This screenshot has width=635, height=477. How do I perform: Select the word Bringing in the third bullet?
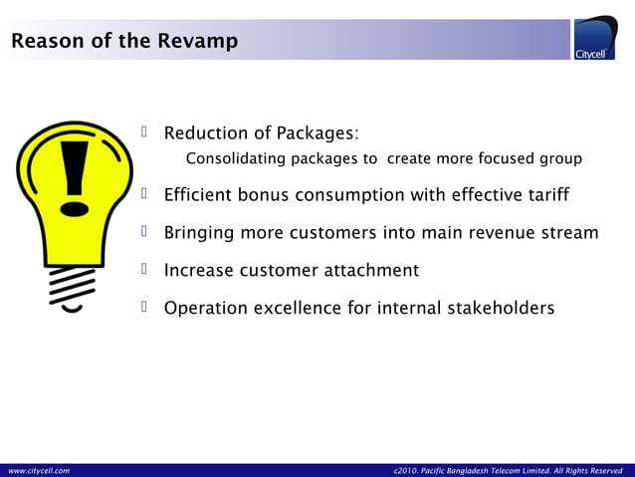199,234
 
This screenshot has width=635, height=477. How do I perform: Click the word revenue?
495,233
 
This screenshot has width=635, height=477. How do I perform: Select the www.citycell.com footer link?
39,469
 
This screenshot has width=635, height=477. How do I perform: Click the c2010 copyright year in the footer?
407,469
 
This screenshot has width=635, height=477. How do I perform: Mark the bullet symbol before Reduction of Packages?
144,132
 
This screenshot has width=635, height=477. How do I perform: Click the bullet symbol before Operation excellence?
144,308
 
